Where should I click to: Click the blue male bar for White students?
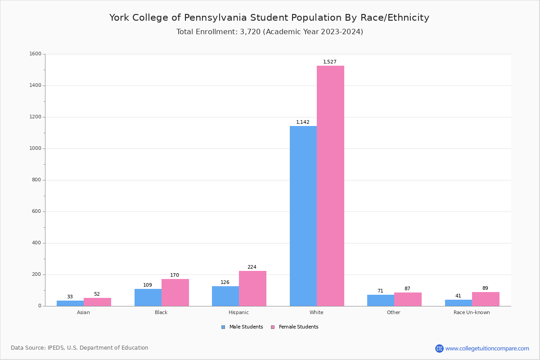[x=303, y=216]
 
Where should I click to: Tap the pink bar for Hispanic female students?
[x=252, y=288]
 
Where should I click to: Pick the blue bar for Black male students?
[x=148, y=297]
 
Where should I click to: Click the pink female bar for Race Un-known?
[x=486, y=299]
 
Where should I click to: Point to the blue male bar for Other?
[x=380, y=301]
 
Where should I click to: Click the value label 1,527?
[x=329, y=62]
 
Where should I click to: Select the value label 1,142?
[x=302, y=122]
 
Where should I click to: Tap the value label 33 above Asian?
[x=70, y=297]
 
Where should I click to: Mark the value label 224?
[x=252, y=267]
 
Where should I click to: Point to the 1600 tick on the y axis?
[x=36, y=54]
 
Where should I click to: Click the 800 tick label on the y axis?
[x=36, y=180]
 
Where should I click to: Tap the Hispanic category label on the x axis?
[x=238, y=312]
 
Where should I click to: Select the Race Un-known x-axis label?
[x=472, y=312]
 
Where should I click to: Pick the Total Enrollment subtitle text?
[x=270, y=32]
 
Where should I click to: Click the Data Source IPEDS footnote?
[x=80, y=348]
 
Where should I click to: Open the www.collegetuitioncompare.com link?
[x=487, y=348]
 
